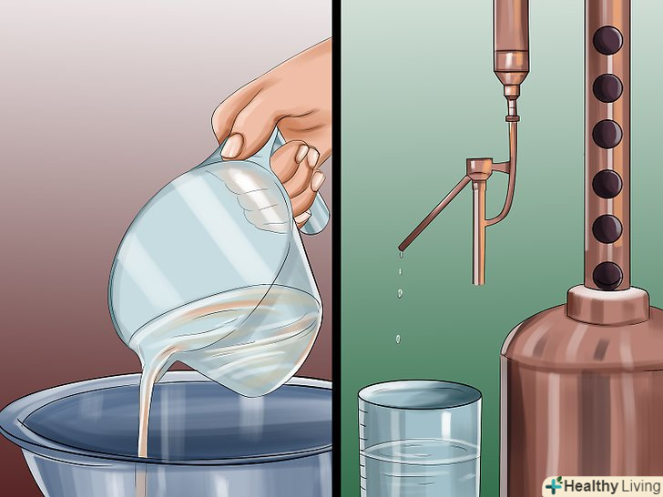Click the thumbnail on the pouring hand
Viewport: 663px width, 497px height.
(232, 146)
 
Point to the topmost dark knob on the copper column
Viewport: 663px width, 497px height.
(607, 40)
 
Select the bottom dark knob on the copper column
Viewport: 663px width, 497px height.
(607, 276)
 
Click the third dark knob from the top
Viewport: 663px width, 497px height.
(607, 134)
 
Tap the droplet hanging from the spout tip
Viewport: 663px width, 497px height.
(401, 255)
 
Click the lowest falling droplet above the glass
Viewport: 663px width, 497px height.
(398, 339)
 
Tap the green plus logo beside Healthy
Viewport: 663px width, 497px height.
(554, 485)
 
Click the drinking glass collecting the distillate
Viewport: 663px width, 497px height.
(420, 440)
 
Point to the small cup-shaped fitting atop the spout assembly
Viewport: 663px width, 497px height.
(480, 166)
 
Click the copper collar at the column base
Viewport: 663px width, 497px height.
(608, 305)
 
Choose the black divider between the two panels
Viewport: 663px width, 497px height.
(336, 248)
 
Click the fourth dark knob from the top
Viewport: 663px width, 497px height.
(607, 184)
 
